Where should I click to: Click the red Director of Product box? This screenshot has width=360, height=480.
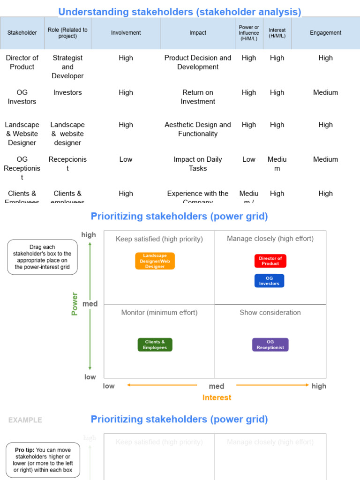click(x=270, y=261)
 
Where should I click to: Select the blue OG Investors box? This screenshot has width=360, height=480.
click(x=269, y=281)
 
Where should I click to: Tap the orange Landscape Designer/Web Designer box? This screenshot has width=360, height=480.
click(x=155, y=261)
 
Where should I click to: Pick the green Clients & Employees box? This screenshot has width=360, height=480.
click(x=155, y=345)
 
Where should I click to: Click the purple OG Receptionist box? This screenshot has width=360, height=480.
click(x=270, y=345)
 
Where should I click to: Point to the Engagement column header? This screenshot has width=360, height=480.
click(x=325, y=33)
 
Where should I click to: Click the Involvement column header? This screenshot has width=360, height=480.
click(x=126, y=33)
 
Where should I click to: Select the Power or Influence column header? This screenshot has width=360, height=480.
click(x=249, y=33)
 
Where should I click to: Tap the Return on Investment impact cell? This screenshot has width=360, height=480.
click(x=198, y=97)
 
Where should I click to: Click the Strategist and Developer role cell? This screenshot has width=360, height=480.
click(x=67, y=67)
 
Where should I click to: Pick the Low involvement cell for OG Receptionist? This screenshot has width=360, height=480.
click(x=126, y=159)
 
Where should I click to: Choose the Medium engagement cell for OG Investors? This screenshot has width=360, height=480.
click(x=325, y=92)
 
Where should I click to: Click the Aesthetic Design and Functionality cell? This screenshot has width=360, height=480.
click(x=198, y=129)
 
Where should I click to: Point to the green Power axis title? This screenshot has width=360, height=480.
click(x=75, y=304)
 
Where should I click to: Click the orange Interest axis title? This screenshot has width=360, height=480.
click(x=217, y=397)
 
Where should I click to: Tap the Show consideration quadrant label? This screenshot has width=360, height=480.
click(x=270, y=313)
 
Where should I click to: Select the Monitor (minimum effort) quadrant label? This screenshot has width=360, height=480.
click(x=159, y=313)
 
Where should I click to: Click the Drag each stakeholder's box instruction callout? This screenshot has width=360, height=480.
click(x=42, y=257)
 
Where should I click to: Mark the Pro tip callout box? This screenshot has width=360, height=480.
click(x=43, y=460)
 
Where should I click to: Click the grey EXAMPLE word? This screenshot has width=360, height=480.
click(x=25, y=420)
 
